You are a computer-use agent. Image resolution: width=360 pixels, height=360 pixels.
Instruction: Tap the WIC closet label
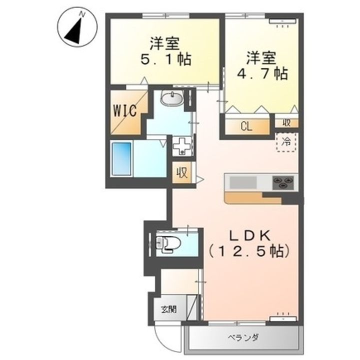(125, 110)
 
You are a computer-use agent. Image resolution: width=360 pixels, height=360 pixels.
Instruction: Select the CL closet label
(246, 126)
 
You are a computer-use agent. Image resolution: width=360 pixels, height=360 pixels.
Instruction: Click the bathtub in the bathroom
(121, 159)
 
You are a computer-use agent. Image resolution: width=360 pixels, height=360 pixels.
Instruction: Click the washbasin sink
(171, 98)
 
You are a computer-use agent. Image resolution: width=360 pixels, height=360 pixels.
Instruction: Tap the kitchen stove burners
(283, 183)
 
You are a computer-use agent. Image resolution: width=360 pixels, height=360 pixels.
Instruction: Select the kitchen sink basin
(243, 183)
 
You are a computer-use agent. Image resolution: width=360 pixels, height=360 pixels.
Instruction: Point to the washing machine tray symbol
(182, 146)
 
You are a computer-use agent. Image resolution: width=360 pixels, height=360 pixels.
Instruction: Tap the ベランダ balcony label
(243, 337)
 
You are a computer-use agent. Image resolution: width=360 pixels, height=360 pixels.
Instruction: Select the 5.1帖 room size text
(166, 60)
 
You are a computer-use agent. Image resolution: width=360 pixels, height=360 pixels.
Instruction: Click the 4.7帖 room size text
(262, 73)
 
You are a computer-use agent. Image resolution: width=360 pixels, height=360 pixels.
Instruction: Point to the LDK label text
(249, 236)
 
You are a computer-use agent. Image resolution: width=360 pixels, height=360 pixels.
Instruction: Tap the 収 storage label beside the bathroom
(182, 172)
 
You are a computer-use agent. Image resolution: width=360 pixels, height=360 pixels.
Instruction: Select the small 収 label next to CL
(286, 123)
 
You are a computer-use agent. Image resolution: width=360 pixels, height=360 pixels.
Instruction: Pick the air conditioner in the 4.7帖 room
(283, 21)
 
